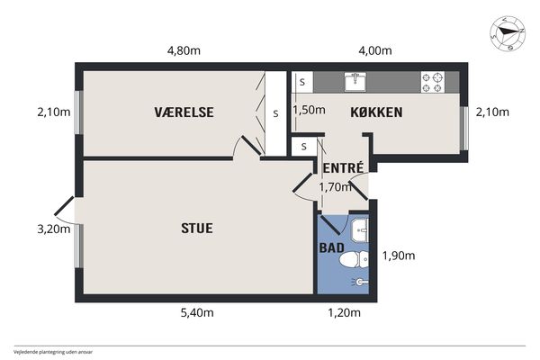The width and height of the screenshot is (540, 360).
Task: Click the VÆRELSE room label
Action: (x=184, y=112)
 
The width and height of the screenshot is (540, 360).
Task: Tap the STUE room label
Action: (x=197, y=228)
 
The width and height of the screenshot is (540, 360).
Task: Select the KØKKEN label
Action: (x=376, y=112)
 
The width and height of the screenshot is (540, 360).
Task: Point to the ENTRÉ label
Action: (x=343, y=167)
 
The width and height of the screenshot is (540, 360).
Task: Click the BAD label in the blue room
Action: (x=331, y=247)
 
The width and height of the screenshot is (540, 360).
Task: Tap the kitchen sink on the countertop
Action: (x=355, y=82)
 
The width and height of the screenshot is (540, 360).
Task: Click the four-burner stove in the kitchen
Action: (x=433, y=82)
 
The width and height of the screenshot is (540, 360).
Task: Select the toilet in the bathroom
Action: (x=354, y=259)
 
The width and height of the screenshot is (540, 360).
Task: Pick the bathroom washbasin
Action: (x=359, y=229)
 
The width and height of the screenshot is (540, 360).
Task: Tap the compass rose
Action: (x=508, y=33)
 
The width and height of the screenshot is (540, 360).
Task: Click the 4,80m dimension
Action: (x=184, y=50)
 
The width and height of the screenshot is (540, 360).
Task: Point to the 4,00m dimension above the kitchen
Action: (x=375, y=50)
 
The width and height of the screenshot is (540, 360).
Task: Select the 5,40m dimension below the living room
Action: (x=197, y=312)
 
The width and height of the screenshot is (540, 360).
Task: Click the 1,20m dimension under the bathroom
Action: (x=344, y=312)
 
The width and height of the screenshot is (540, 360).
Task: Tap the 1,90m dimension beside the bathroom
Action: (x=399, y=256)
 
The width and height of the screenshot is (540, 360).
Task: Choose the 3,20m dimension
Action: (x=54, y=229)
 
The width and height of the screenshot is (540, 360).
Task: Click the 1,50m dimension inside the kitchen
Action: (x=309, y=110)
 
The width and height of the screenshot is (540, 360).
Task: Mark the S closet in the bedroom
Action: (x=276, y=113)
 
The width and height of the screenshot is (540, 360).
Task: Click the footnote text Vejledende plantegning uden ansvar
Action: (x=53, y=352)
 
